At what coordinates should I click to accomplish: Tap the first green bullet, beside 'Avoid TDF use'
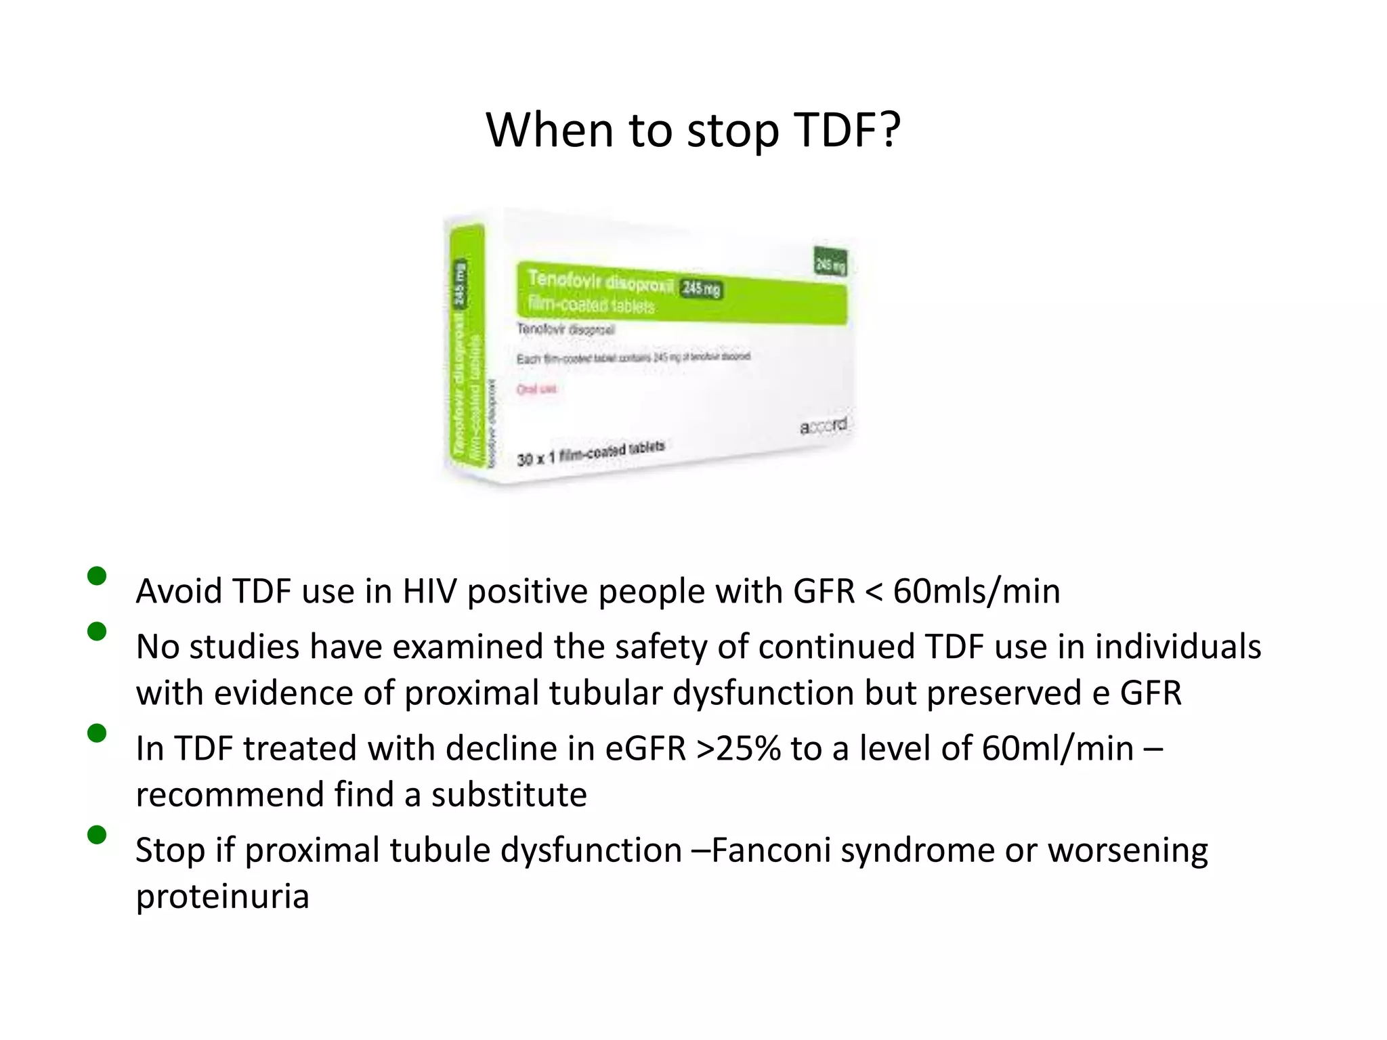coord(97,576)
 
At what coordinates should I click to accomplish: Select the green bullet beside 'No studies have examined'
coord(97,631)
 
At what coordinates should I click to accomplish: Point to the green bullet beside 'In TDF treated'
coord(97,733)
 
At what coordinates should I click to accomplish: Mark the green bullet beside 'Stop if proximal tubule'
coord(97,834)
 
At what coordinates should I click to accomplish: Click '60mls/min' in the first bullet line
coord(976,591)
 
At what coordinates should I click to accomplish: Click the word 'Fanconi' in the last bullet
coord(771,850)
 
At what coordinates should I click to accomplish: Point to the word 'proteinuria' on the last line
coord(222,896)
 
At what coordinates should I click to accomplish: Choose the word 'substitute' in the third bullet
coord(509,794)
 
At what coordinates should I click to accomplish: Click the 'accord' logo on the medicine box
coord(823,426)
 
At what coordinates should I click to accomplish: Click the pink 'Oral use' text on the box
coord(536,389)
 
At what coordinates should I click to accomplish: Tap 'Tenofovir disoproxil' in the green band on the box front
coord(600,281)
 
